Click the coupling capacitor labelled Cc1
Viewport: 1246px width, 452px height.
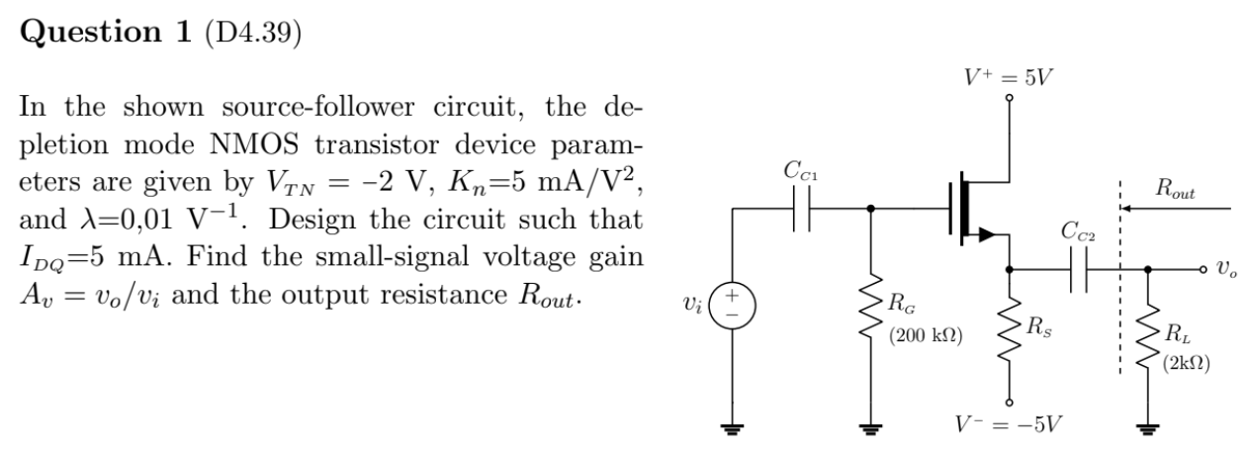(x=802, y=210)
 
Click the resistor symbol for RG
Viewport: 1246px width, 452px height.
(x=870, y=315)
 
